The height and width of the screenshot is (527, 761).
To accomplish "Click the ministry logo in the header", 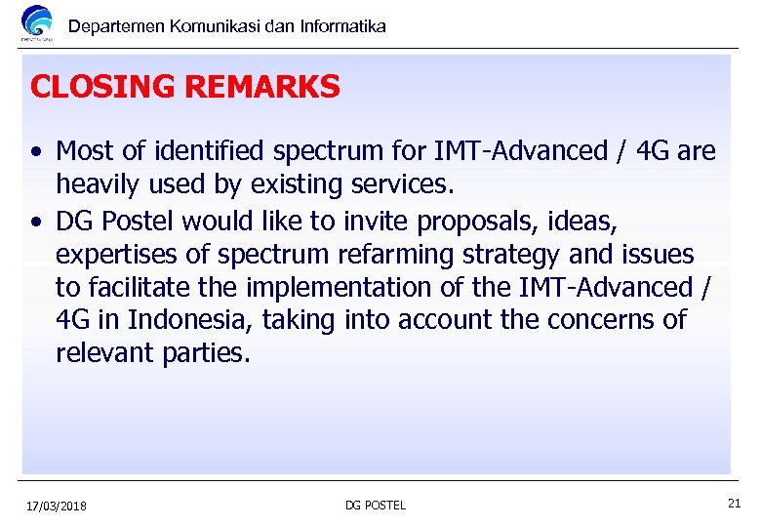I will tap(37, 23).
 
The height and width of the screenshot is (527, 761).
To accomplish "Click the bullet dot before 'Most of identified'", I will tap(35, 152).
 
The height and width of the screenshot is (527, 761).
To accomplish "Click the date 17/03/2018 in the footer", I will tap(57, 506).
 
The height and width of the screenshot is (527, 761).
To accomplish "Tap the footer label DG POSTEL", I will tap(376, 506).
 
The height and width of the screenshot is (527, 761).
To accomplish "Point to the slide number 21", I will tap(734, 504).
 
